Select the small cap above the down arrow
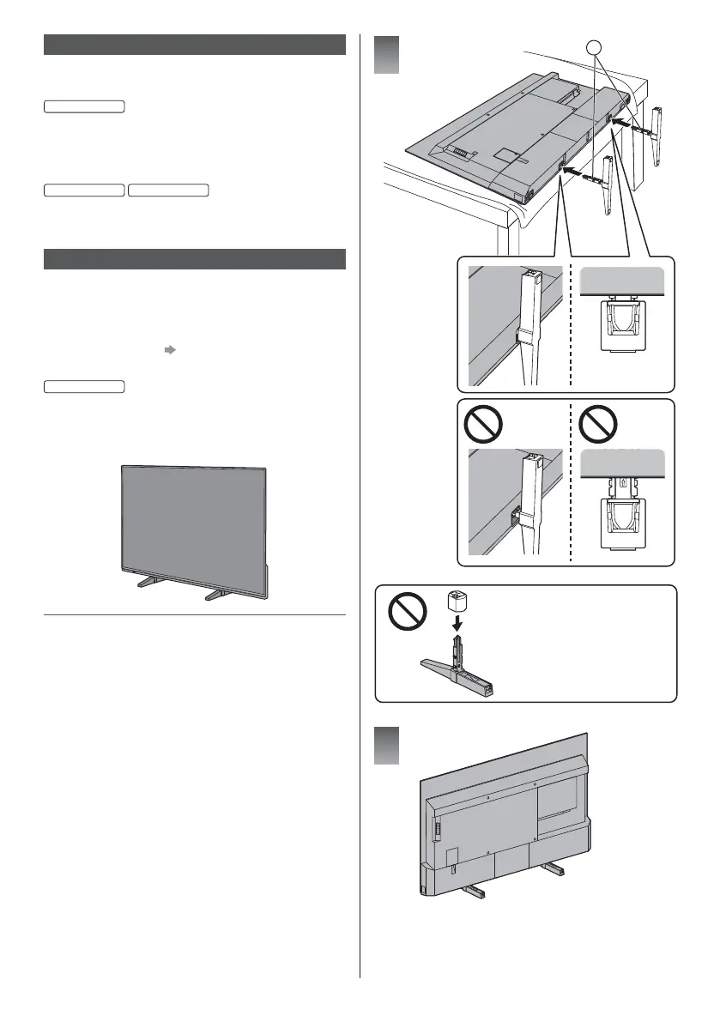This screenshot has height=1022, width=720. (457, 602)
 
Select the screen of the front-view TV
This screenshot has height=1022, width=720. (194, 520)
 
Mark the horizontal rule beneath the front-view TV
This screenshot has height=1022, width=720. (194, 614)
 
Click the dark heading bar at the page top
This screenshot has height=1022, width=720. (194, 45)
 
